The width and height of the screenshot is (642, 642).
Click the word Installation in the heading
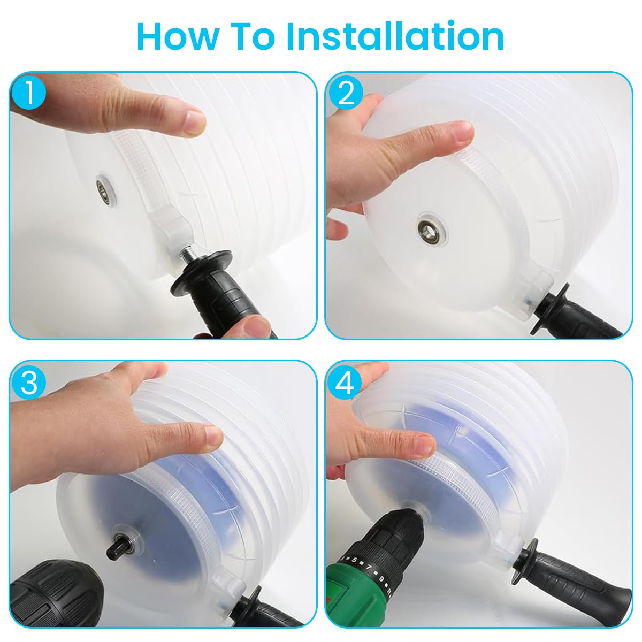click(395, 36)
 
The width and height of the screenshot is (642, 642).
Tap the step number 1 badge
click(29, 93)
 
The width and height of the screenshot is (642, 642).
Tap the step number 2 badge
click(346, 94)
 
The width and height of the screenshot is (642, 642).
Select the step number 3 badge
click(29, 383)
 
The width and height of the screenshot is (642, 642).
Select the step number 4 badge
click(346, 383)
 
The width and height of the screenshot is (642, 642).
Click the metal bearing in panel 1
click(101, 189)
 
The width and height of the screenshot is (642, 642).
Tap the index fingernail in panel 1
click(194, 121)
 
